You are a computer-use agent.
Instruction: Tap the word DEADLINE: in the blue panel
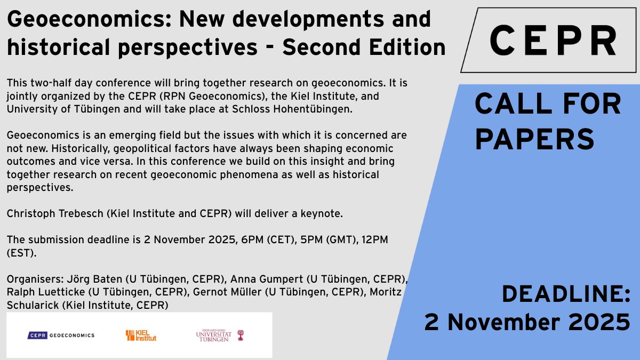click(x=566, y=294)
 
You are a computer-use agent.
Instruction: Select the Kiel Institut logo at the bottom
click(x=141, y=335)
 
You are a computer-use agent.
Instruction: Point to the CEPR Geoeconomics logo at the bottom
click(x=61, y=335)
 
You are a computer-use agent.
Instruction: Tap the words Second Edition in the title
click(x=364, y=48)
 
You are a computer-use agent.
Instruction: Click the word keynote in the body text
click(x=322, y=214)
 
